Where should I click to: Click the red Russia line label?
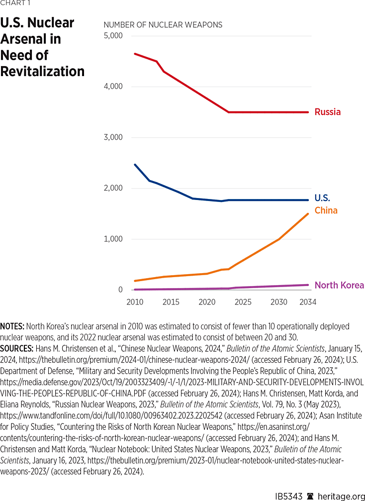(327, 112)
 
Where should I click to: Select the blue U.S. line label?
(322, 198)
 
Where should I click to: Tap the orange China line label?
(326, 210)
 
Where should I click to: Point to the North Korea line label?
(339, 285)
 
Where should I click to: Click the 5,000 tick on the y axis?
(113, 36)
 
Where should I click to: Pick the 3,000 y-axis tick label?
(113, 137)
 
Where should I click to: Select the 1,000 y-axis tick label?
(113, 239)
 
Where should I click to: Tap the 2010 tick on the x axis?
(135, 302)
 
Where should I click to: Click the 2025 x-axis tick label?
(243, 302)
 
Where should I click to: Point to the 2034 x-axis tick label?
(308, 302)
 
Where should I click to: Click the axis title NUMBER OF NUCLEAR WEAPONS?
(163, 24)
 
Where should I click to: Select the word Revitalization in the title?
(42, 72)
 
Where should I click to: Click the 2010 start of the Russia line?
(135, 53)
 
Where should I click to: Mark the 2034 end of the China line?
(308, 214)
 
